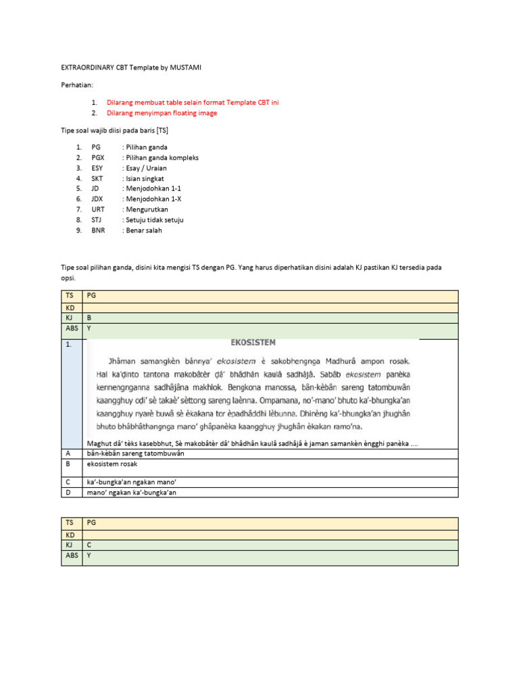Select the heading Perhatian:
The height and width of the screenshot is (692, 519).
(78, 85)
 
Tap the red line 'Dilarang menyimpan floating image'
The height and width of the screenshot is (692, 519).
(162, 114)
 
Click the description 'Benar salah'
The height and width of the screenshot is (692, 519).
(143, 230)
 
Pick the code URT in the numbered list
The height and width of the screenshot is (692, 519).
(98, 209)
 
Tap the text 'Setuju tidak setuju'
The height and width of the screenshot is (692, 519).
(153, 220)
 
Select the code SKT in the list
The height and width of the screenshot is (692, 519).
(98, 178)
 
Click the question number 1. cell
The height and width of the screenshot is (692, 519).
(70, 344)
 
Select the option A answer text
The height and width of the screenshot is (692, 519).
(136, 453)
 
